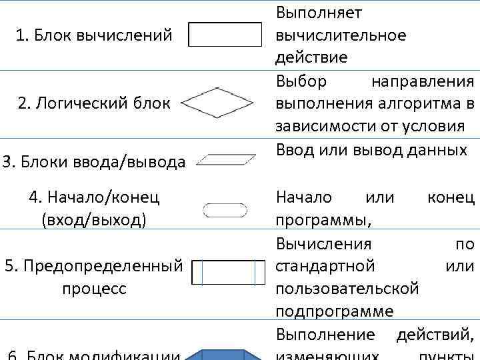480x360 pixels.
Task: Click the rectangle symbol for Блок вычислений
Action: (x=225, y=34)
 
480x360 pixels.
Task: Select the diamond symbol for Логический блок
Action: (x=217, y=103)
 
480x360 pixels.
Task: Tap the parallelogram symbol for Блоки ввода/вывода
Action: (x=228, y=159)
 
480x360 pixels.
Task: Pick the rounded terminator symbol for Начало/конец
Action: (x=225, y=211)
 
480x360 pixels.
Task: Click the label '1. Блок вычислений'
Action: (x=94, y=34)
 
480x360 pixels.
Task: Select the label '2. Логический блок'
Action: (x=94, y=103)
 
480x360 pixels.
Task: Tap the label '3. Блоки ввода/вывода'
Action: (x=94, y=161)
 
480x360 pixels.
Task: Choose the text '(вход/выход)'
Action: (x=94, y=219)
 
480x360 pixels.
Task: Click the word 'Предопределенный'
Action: (x=103, y=267)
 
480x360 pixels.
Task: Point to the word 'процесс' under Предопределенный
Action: (x=94, y=289)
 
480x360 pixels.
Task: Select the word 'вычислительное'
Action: (x=341, y=35)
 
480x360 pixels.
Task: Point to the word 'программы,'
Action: (x=324, y=219)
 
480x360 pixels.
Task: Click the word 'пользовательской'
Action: (x=347, y=289)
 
